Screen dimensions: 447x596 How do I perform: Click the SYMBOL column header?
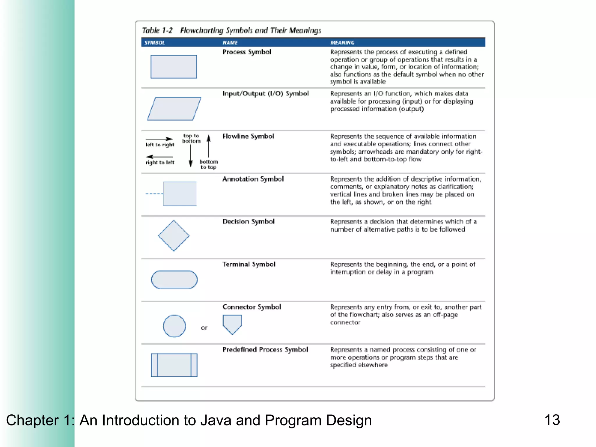tap(155, 43)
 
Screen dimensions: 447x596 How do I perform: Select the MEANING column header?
tap(342, 43)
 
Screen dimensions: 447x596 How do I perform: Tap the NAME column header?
tap(230, 43)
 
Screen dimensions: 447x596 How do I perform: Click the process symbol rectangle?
tap(174, 67)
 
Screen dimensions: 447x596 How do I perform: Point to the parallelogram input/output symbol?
tap(174, 109)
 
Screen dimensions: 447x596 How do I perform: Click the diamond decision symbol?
tap(174, 236)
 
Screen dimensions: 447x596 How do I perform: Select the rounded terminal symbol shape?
tap(174, 280)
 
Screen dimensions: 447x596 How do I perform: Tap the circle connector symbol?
tap(174, 326)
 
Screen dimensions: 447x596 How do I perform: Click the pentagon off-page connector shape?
tap(232, 324)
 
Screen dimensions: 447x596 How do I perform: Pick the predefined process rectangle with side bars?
tap(174, 365)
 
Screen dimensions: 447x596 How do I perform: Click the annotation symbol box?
tap(180, 194)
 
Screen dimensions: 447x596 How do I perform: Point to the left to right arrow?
tap(159, 139)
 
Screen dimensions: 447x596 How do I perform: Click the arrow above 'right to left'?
tap(159, 157)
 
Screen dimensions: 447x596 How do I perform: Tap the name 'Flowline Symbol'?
tap(248, 136)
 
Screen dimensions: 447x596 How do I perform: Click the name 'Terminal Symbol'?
tap(249, 264)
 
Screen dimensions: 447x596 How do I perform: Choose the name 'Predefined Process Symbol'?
tap(265, 350)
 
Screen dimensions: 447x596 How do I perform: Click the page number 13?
tap(552, 420)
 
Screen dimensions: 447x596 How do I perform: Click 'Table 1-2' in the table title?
tap(157, 31)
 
